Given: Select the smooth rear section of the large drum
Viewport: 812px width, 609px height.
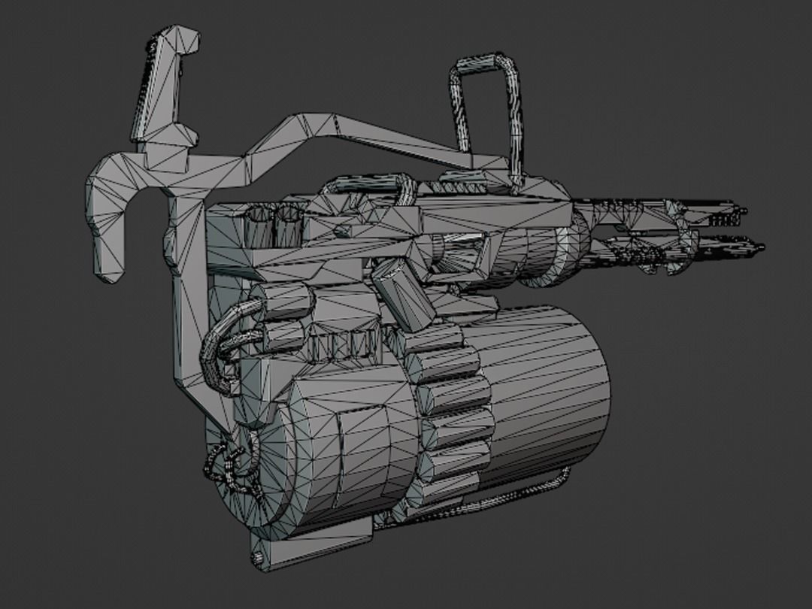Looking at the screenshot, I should [549, 391].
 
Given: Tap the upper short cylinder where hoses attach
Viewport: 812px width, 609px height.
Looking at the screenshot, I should [282, 301].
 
